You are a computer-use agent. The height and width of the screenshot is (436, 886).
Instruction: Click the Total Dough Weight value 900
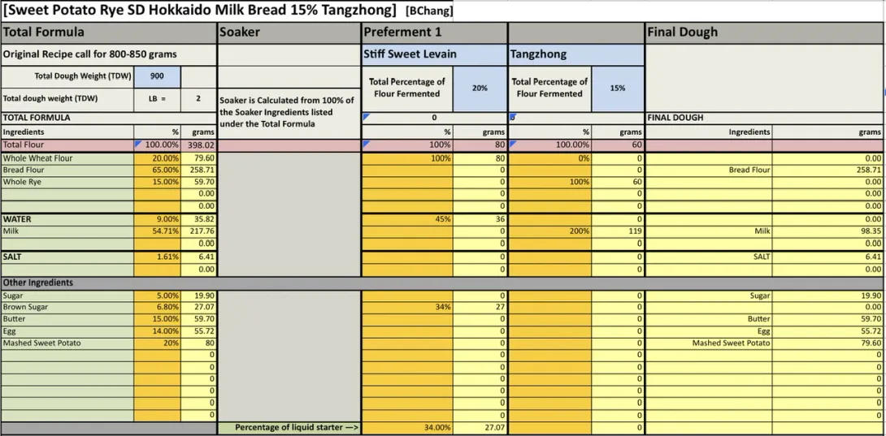point(157,76)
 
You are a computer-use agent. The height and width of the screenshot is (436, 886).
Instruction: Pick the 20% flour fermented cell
point(480,88)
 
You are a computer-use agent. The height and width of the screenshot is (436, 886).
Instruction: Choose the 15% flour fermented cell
point(618,88)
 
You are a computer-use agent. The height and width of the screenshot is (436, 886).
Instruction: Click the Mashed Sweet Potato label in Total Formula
point(42,343)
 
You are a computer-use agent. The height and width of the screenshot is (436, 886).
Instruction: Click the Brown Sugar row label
point(26,307)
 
